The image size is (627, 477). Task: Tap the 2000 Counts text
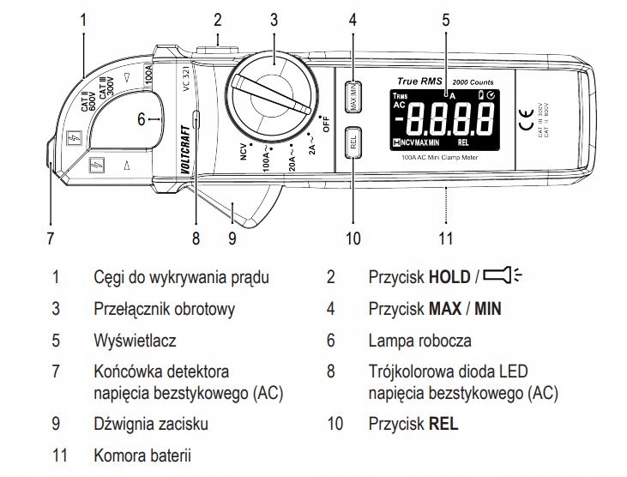473,80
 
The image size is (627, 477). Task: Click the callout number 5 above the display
446,18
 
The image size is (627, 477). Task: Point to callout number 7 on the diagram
50,237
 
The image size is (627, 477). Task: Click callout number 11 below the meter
446,237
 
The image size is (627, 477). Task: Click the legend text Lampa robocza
419,341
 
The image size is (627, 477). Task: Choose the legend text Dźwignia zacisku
150,423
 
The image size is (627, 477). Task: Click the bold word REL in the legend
443,423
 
